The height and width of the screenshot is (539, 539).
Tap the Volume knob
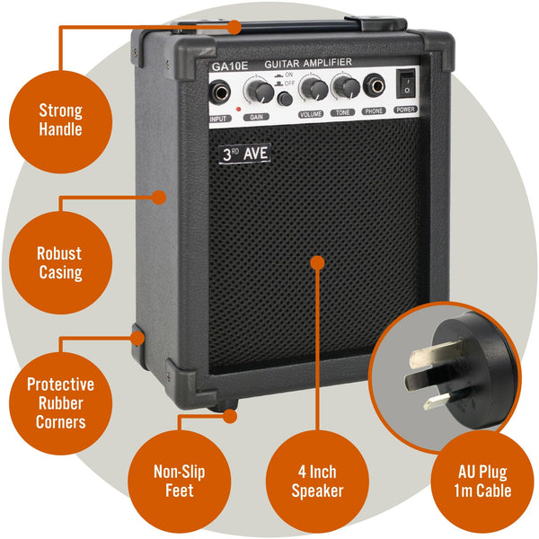314,88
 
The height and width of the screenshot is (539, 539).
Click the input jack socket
218,91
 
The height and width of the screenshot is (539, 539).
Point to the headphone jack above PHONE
374,87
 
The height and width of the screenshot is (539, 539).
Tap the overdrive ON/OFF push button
284,98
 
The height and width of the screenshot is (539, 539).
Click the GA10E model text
229,66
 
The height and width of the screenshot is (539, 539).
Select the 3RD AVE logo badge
244,154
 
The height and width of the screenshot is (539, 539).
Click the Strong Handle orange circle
60,120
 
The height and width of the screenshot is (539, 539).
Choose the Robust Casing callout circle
60,262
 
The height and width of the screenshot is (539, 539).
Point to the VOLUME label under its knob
311,115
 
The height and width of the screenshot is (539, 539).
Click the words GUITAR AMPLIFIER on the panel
309,63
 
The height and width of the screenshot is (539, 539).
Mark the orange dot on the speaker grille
316,261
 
